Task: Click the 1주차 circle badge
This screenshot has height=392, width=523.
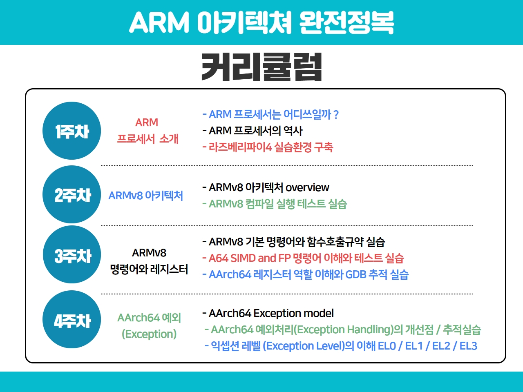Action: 72,131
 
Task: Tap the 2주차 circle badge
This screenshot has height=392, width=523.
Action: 72,194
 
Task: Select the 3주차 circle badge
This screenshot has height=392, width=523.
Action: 72,254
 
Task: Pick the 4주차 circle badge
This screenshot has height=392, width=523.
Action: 72,319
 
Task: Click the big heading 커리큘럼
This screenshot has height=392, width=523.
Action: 261,67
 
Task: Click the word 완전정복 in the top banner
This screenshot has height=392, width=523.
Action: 346,22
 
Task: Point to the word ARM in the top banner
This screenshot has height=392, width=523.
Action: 159,22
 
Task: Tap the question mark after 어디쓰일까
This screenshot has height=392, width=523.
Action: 336,114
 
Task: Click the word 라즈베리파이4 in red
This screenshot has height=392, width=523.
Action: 240,147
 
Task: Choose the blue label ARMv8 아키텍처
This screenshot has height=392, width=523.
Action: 145,196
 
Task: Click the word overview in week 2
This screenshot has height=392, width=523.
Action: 307,187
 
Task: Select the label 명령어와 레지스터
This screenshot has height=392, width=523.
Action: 149,269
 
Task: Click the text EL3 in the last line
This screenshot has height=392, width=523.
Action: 468,346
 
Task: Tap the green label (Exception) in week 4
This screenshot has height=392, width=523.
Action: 149,334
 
